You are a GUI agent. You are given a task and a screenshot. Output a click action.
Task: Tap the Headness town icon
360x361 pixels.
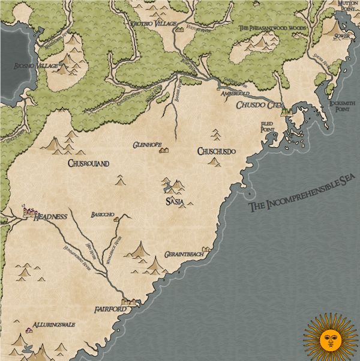pyautogui.click(x=26, y=210)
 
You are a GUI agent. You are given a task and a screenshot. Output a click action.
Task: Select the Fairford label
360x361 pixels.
pyautogui.click(x=110, y=309)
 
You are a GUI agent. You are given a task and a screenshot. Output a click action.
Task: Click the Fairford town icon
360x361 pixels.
pyautogui.click(x=129, y=302)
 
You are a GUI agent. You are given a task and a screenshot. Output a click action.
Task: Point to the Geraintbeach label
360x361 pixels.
pyautogui.click(x=185, y=254)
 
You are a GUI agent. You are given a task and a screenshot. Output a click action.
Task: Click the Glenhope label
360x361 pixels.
pyautogui.click(x=147, y=145)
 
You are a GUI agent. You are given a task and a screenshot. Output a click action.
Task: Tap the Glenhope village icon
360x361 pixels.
pyautogui.click(x=163, y=150)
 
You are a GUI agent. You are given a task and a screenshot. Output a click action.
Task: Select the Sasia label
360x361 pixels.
pyautogui.click(x=174, y=202)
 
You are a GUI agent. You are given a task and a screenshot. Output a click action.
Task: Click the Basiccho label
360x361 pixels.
pyautogui.click(x=103, y=214)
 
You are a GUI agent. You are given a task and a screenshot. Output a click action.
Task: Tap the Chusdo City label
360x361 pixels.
pyautogui.click(x=259, y=106)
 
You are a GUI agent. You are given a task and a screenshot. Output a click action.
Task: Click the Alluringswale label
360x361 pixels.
pyautogui.click(x=54, y=324)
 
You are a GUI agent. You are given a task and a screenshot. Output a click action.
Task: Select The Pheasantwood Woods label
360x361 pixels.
pyautogui.click(x=272, y=28)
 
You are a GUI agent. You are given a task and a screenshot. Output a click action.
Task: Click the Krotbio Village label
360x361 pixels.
pyautogui.click(x=154, y=23)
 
